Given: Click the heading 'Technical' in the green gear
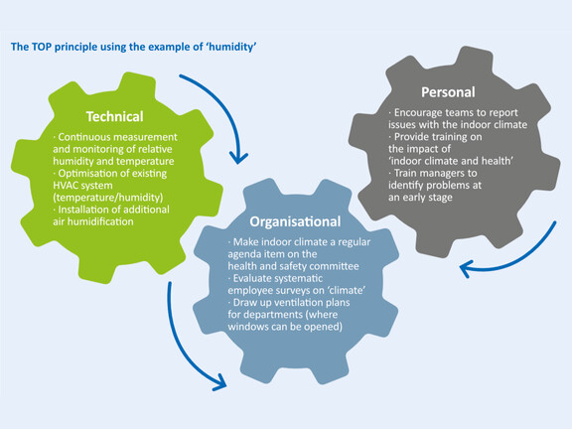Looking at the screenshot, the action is coord(114,117).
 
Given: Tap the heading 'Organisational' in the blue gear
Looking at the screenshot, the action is coord(295,221).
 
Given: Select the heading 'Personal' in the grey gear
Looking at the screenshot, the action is coord(448,92).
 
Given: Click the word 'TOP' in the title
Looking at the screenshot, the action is coord(42,47).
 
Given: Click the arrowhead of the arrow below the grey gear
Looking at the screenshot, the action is coord(465,269).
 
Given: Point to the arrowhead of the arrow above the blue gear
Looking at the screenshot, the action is coord(238,159).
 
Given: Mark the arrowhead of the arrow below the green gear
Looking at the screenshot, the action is coord(220,383).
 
